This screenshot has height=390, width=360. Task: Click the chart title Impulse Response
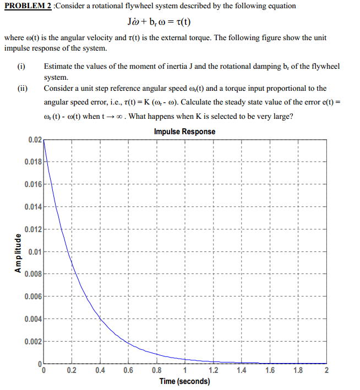click(x=184, y=132)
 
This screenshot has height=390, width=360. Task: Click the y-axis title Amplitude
click(x=18, y=253)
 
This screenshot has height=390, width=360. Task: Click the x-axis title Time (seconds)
click(x=184, y=381)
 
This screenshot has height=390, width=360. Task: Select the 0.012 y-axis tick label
click(x=32, y=229)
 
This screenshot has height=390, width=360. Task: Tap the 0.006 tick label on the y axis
click(x=32, y=296)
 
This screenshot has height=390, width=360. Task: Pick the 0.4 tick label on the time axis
click(x=100, y=370)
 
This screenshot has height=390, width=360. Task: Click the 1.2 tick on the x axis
click(x=213, y=370)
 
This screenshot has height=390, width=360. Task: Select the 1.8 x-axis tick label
click(x=298, y=370)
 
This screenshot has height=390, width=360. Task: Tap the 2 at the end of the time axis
click(x=326, y=370)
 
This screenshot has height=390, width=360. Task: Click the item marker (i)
click(x=21, y=67)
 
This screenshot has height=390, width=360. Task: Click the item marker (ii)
click(x=23, y=88)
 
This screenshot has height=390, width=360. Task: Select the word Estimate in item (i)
click(x=59, y=67)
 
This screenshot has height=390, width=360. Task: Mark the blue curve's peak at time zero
click(x=43, y=141)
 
